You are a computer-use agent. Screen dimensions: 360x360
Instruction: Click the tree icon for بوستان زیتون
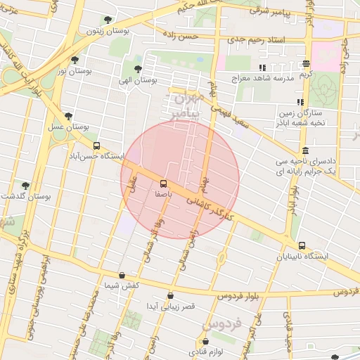[x=107, y=20]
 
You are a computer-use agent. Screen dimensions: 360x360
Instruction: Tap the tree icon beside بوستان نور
[x=75, y=59]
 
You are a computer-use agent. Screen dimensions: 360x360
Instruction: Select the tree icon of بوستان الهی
[x=138, y=69]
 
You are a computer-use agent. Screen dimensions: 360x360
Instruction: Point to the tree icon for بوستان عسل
[x=68, y=116]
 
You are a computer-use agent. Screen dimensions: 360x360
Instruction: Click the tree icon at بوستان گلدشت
[x=26, y=186]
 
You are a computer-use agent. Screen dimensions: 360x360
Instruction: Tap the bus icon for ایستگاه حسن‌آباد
[x=96, y=146]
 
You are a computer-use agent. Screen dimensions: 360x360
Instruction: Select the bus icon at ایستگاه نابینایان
[x=302, y=245]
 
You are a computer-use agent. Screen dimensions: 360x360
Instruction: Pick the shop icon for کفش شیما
[x=122, y=275]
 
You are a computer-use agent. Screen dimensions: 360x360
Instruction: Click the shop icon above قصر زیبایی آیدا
[x=170, y=296]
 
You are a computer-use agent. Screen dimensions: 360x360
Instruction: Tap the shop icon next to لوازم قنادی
[x=204, y=341]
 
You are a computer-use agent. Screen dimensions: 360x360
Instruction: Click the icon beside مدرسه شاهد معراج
[x=262, y=67]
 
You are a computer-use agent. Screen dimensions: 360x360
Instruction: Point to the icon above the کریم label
[x=306, y=63]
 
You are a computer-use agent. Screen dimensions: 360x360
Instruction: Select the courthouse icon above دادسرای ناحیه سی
[x=304, y=150]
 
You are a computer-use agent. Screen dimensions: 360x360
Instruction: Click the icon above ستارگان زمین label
[x=300, y=102]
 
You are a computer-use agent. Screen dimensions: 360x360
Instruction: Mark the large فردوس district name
[x=222, y=325]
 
